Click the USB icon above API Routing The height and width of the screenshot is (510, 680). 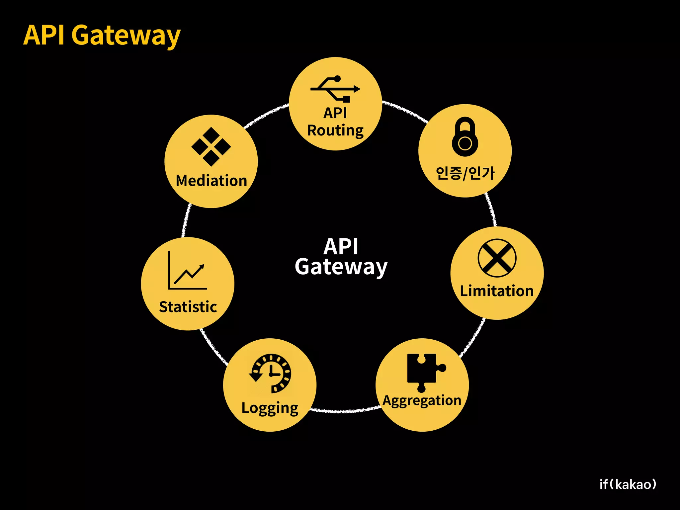tap(335, 89)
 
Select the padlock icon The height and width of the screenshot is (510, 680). tap(465, 136)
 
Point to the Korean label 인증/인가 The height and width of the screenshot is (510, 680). tap(465, 173)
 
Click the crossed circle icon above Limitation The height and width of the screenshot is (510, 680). tap(497, 258)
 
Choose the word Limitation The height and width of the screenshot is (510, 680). tap(497, 291)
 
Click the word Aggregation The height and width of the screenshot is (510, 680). tap(422, 400)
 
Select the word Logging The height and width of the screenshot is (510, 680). tap(270, 408)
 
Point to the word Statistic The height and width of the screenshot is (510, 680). tap(188, 307)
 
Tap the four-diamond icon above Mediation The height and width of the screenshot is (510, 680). tap(211, 146)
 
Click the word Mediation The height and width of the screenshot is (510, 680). tap(211, 181)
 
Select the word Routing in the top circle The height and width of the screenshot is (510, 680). tap(335, 130)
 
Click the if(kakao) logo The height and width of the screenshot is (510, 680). tap(628, 484)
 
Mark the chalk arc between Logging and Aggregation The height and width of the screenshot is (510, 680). tap(345, 411)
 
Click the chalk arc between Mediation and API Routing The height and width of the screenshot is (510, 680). tap(266, 115)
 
